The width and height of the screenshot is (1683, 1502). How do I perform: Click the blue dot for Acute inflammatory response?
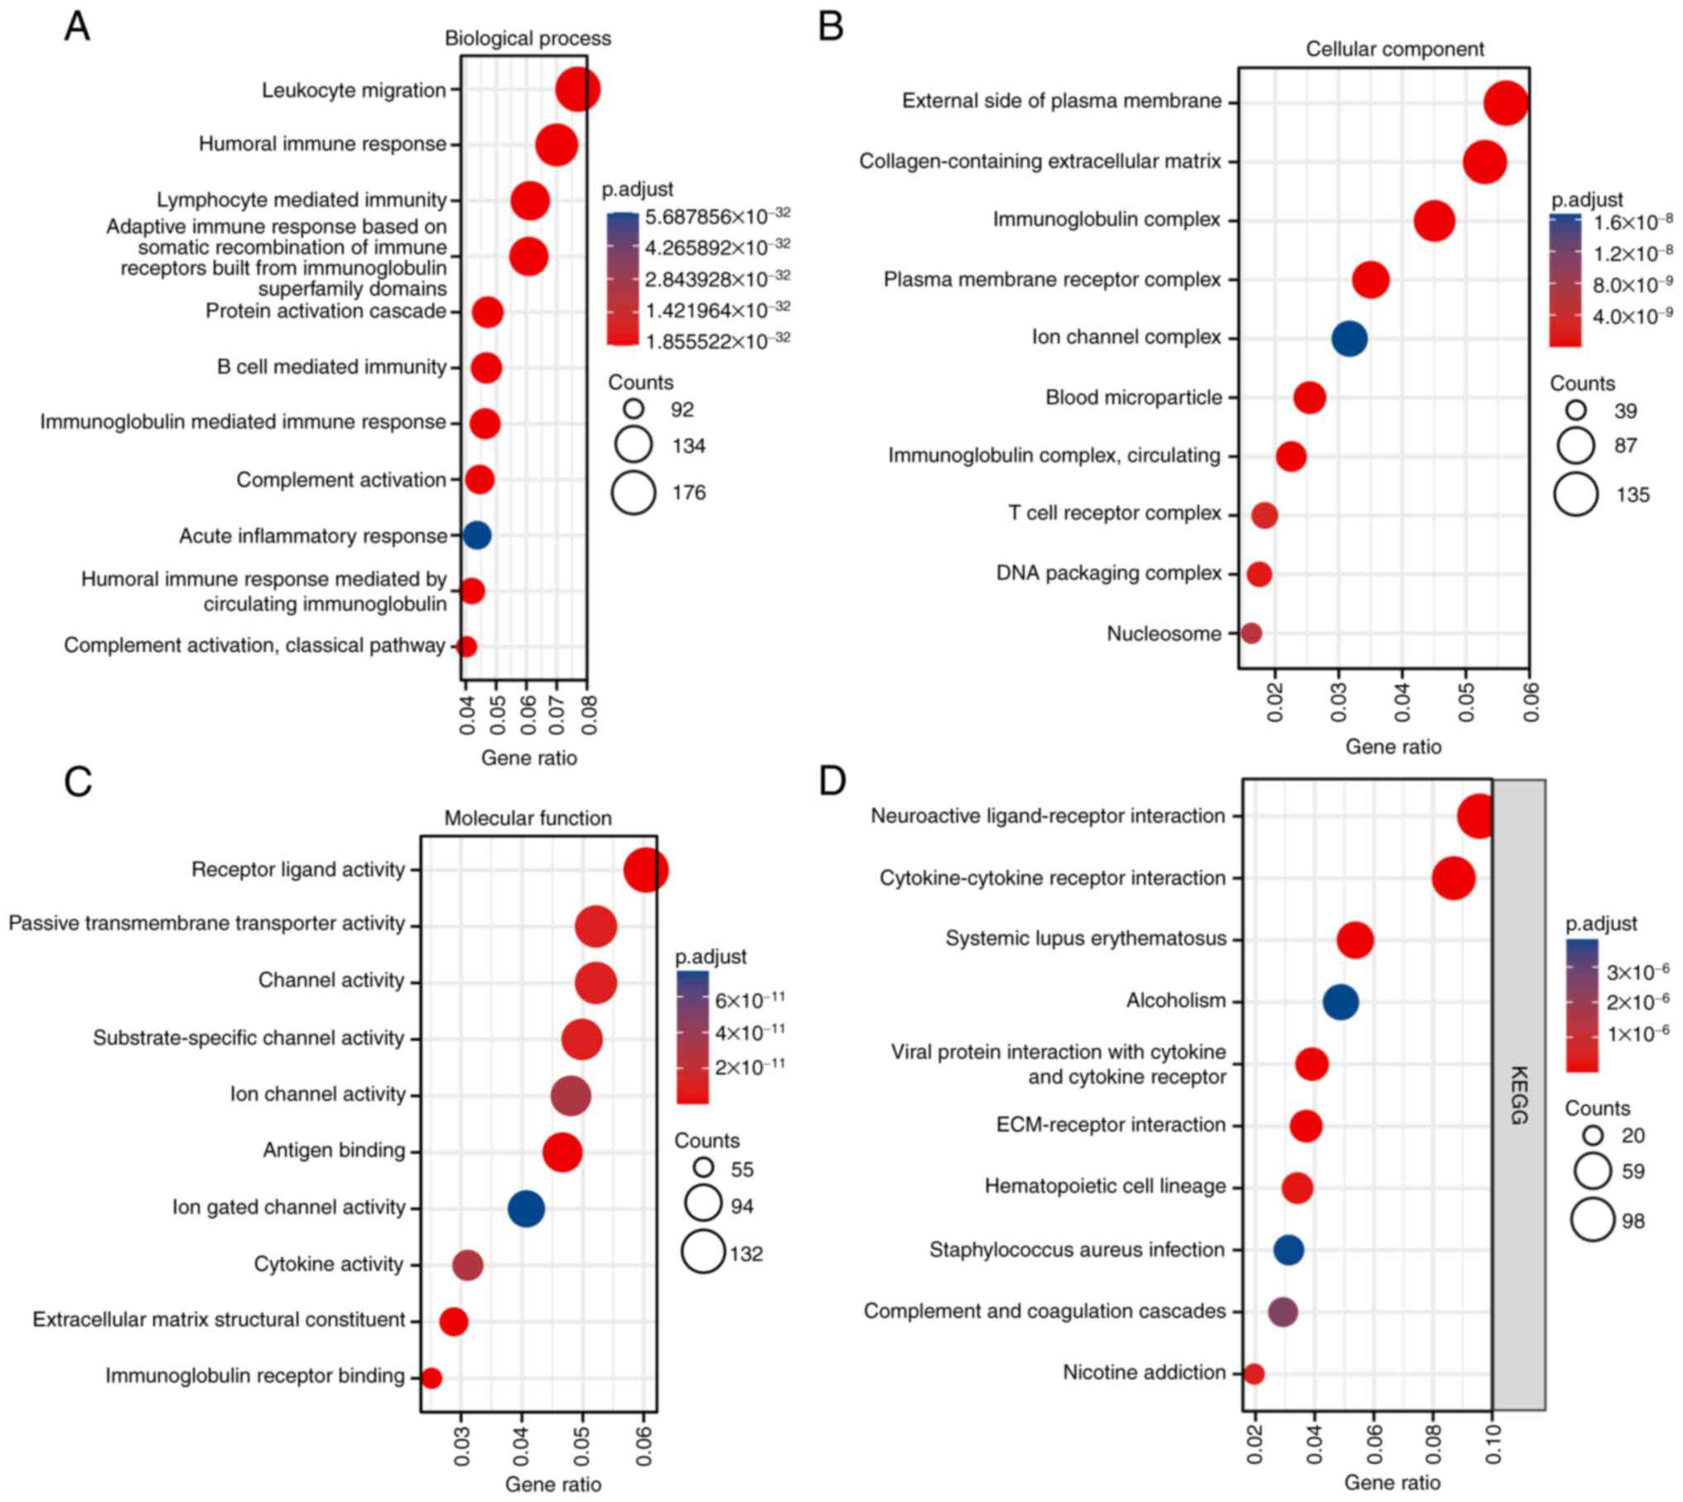476,535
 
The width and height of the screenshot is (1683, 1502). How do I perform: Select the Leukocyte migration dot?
577,90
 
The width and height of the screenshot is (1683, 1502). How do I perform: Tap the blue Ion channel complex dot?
1349,338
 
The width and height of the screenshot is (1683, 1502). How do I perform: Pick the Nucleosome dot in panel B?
1251,633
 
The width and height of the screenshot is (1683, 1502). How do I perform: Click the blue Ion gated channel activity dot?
526,1209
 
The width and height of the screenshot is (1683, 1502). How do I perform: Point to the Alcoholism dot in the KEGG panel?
1340,1002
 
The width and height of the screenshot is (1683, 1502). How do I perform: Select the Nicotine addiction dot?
1254,1374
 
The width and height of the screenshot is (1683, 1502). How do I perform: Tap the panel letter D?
832,781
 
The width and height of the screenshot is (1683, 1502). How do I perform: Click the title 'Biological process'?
528,38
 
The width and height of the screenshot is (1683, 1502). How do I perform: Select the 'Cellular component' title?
1394,50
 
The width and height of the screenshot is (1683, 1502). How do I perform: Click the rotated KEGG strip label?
1519,1095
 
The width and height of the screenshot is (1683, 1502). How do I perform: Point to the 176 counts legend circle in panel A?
634,493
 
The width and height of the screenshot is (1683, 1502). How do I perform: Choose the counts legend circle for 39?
1575,411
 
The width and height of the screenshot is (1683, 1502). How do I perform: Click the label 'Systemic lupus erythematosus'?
1085,939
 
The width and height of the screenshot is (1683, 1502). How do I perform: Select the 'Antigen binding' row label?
334,1150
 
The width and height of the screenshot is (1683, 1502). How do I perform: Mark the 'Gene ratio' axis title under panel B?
1393,746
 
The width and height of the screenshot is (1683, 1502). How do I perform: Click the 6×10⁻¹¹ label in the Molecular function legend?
750,1001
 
